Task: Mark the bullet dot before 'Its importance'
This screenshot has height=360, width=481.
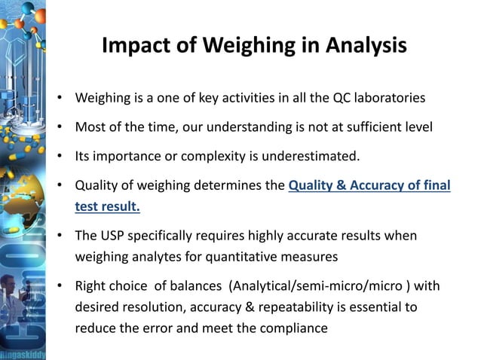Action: (59, 157)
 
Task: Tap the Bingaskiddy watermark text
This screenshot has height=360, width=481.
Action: (23, 352)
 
